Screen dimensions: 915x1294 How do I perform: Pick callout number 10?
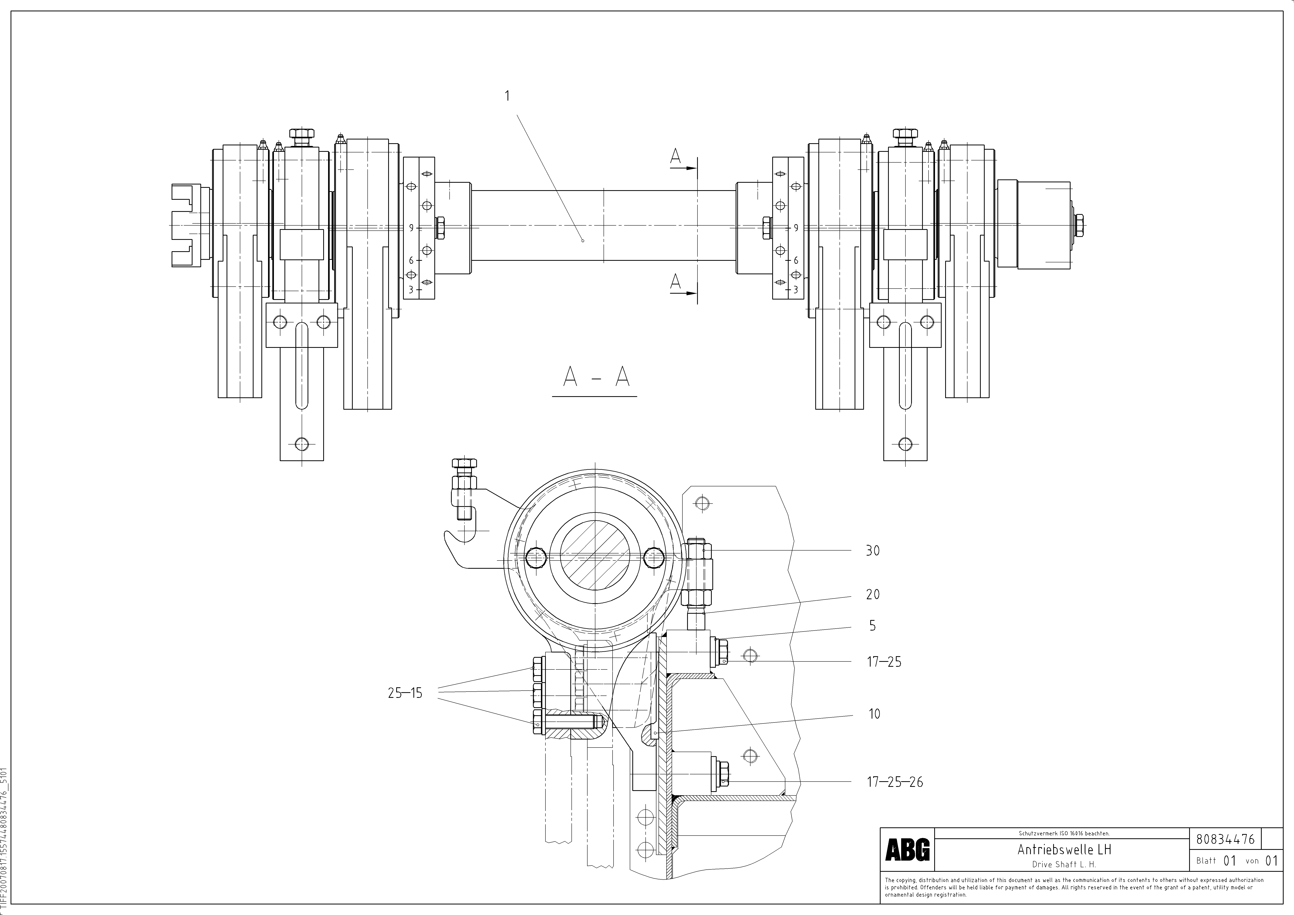coord(874,714)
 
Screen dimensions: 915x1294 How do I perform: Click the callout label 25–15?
coord(405,693)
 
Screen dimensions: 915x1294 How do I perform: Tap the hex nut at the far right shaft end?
coord(1079,225)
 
